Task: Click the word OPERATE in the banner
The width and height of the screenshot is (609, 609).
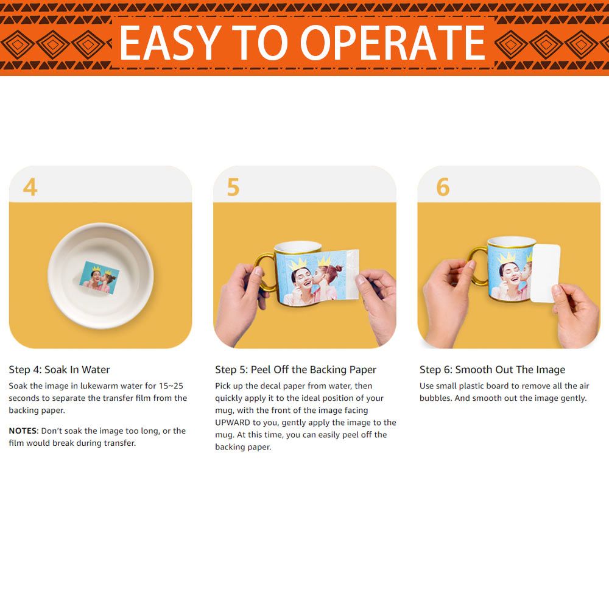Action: pyautogui.click(x=393, y=43)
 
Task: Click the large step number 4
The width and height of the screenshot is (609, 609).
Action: pyautogui.click(x=30, y=187)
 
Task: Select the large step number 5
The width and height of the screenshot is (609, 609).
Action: pyautogui.click(x=233, y=187)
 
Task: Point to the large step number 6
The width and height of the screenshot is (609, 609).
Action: pyautogui.click(x=443, y=187)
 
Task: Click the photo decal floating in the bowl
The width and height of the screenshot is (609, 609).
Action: pyautogui.click(x=99, y=277)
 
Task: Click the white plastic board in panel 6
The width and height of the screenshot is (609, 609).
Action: pyautogui.click(x=545, y=273)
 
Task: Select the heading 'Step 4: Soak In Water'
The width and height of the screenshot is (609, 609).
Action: pyautogui.click(x=60, y=370)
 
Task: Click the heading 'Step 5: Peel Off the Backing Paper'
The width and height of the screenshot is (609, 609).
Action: pyautogui.click(x=295, y=370)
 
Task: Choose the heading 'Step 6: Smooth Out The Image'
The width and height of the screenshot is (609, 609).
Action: pyautogui.click(x=492, y=370)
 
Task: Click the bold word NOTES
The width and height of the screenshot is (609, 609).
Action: pyautogui.click(x=23, y=431)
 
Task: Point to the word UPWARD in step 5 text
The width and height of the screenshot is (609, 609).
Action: pyautogui.click(x=233, y=422)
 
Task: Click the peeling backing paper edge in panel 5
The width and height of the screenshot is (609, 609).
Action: pyautogui.click(x=351, y=275)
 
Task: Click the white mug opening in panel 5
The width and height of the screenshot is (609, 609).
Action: pyautogui.click(x=298, y=247)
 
